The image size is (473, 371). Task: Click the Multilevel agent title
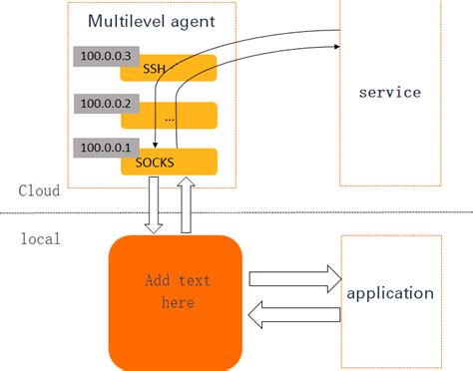coord(150,21)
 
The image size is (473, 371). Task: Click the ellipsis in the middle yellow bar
coord(169,116)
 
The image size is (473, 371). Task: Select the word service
coord(389,93)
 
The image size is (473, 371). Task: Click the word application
coord(389,293)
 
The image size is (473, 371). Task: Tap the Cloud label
coord(39,190)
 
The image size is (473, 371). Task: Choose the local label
coord(40,238)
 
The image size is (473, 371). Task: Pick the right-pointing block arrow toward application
coord(293,279)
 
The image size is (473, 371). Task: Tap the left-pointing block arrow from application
coord(293,316)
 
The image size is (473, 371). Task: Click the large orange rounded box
coord(176,299)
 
